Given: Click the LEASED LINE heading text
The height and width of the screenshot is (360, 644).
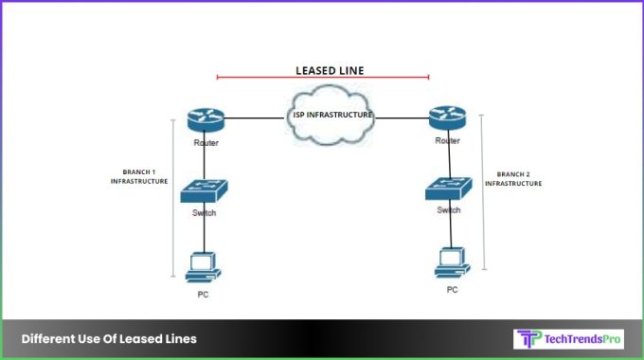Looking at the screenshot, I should (323, 69).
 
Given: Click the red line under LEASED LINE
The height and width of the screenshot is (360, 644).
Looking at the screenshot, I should (323, 78).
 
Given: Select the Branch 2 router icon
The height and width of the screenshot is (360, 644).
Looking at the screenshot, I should (446, 118).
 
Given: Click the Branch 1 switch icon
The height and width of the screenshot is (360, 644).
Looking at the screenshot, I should (205, 190).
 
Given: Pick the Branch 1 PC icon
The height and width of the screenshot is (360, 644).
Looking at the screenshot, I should (203, 267).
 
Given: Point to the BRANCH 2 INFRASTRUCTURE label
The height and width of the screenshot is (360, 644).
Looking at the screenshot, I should (513, 179).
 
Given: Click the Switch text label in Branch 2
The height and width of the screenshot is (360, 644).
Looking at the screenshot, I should (449, 209).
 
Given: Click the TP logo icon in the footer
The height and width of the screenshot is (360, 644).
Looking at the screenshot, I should (527, 339).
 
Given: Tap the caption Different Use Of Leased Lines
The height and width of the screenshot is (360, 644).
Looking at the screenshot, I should (109, 339).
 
